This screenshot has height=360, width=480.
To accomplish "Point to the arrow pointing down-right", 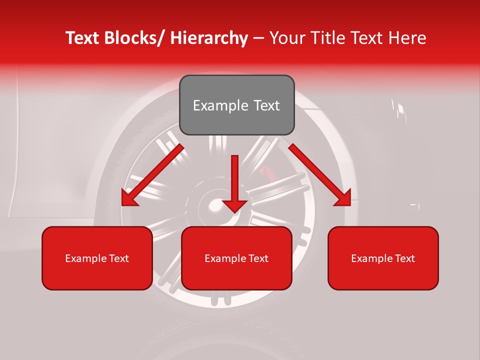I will click(x=320, y=175).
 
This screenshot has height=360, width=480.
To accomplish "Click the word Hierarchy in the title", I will click(x=209, y=38).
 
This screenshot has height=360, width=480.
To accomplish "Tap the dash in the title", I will click(x=258, y=38).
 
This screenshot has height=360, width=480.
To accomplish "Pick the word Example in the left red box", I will click(x=83, y=258).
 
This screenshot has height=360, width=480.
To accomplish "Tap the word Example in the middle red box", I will click(x=222, y=258).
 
